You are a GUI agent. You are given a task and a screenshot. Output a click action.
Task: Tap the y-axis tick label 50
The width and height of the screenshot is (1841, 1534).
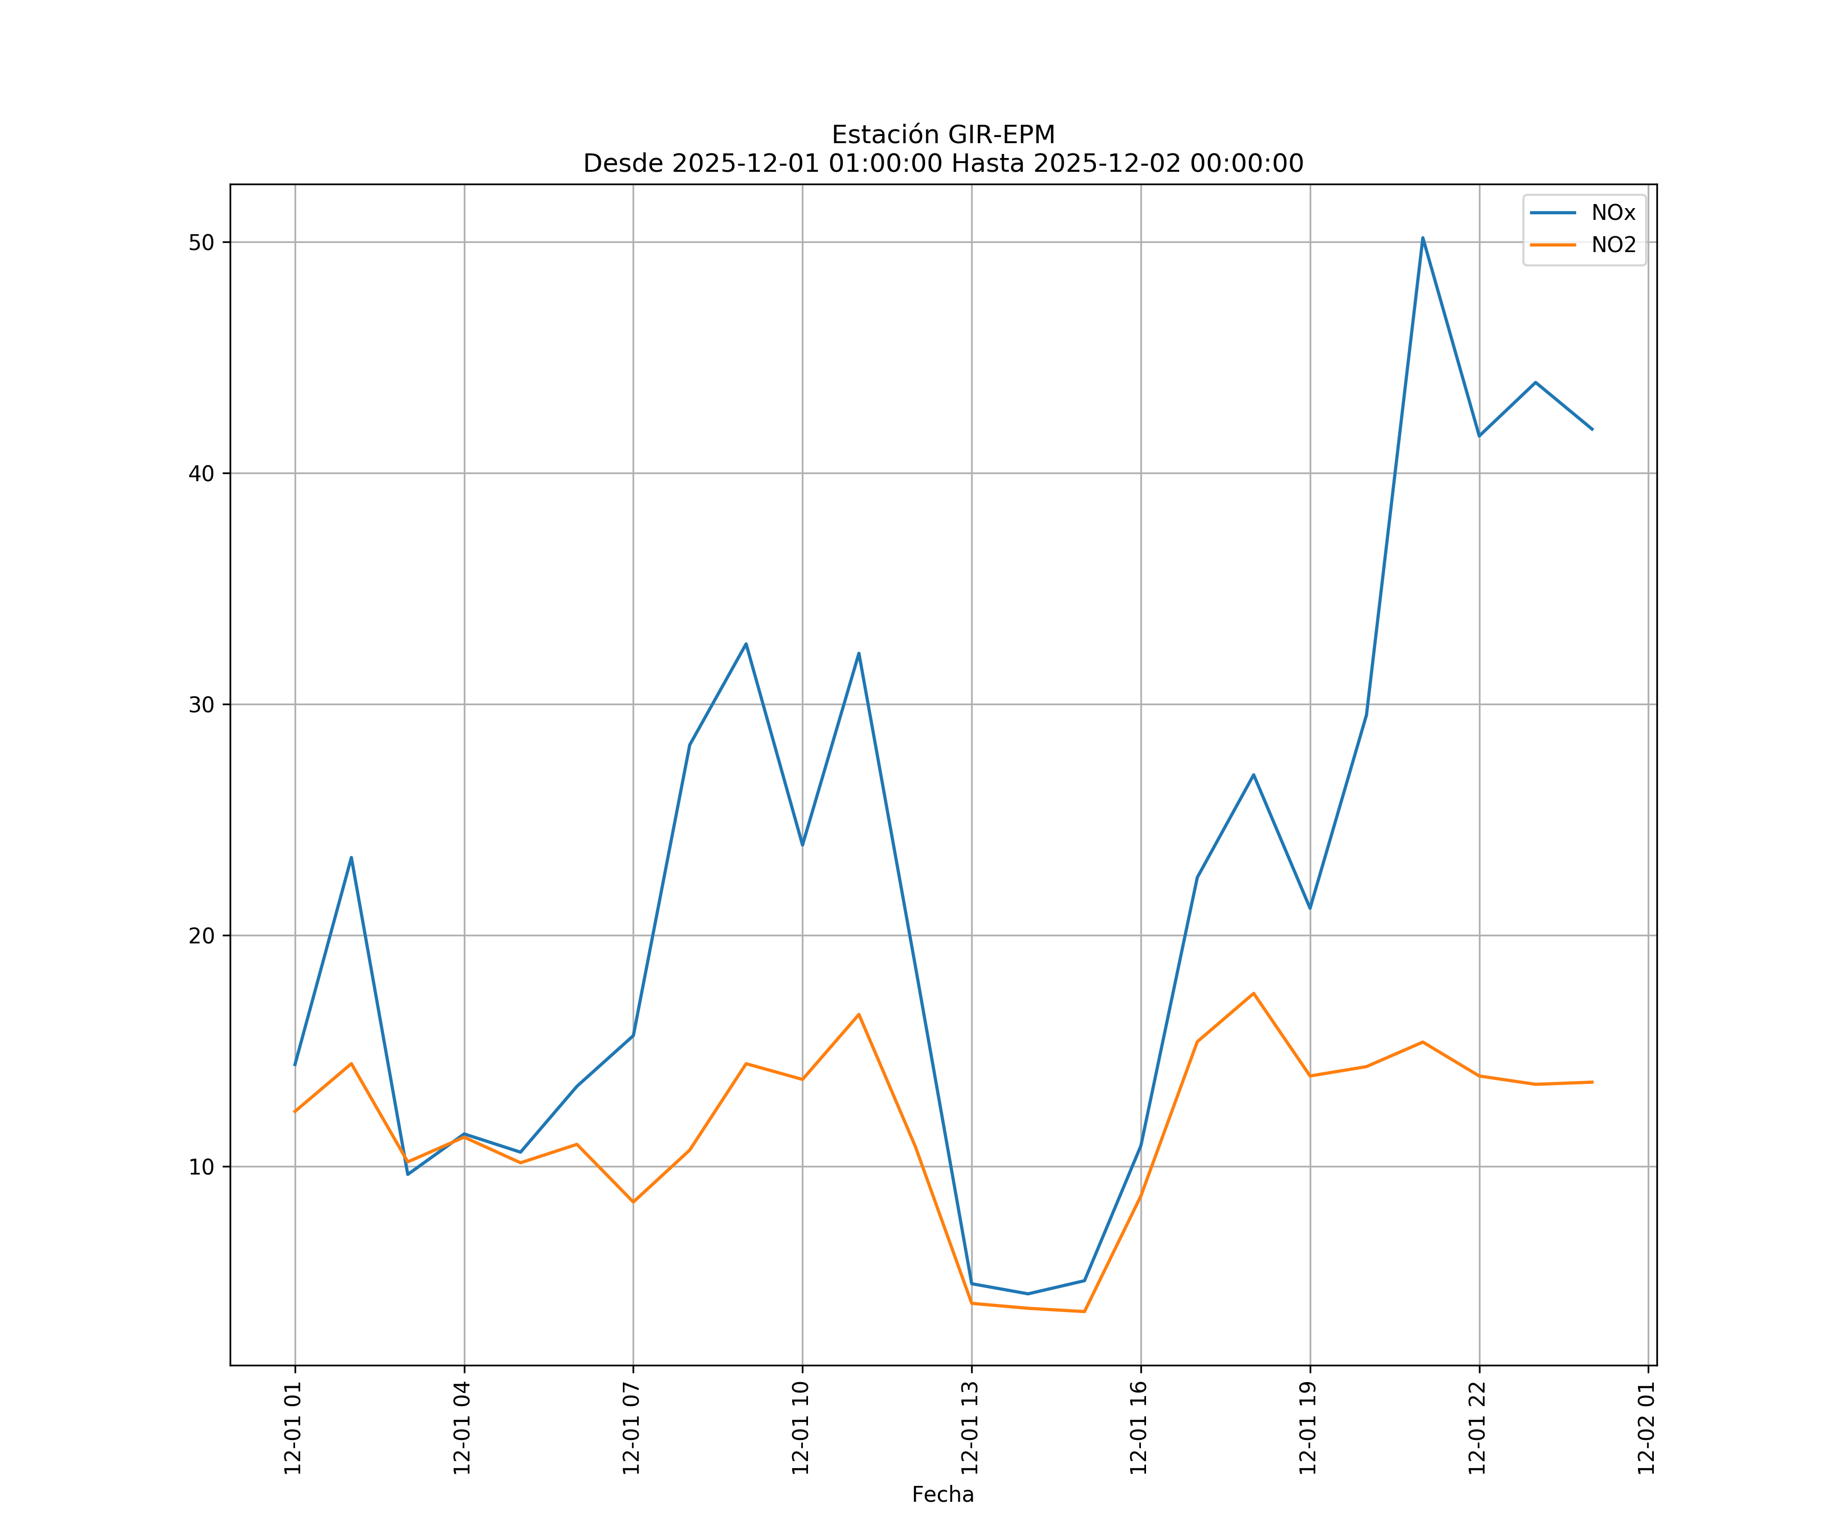coord(201,243)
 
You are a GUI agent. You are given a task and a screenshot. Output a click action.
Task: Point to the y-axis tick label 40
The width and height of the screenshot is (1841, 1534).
coord(201,474)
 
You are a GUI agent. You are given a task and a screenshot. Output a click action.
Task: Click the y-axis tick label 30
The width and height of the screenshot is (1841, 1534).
coord(201,705)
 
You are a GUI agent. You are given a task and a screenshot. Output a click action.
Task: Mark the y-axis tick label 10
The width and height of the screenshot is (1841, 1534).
coord(201,1167)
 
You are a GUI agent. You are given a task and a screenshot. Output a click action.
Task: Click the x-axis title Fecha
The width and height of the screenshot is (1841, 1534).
coord(942,1495)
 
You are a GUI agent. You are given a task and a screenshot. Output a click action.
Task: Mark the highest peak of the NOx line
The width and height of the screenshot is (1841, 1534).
coord(1423,238)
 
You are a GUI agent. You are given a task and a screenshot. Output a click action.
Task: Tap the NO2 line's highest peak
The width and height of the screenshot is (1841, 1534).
coord(1253,993)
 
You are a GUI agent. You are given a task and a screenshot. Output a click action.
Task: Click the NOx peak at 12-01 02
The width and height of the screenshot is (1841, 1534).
coord(351,858)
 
